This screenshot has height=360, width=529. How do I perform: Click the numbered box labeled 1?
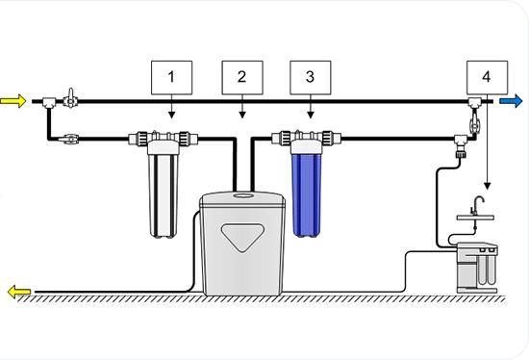pos(172,78)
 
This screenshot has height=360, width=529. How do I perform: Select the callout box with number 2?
pos(242,78)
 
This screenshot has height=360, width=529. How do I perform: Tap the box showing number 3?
pos(311,78)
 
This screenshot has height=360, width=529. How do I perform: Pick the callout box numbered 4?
pos(488,78)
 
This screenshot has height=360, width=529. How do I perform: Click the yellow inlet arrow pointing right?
pos(13,101)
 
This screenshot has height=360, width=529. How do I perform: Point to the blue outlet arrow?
pos(511,101)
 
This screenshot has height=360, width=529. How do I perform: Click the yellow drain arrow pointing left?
pos(19,292)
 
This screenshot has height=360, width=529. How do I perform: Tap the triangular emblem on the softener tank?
pos(241,237)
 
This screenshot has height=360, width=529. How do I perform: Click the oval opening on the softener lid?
pos(243,195)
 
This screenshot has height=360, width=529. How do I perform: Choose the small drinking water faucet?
pos(476,205)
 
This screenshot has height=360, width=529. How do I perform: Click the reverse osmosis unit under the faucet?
pos(477,268)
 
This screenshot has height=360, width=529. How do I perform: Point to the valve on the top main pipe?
pos(70,99)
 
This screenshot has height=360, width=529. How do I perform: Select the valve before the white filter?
pos(68,139)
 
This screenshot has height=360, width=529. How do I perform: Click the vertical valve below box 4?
pos(474,123)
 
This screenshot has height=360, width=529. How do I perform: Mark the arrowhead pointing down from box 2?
pos(242,116)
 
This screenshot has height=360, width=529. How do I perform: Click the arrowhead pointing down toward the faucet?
pos(488,186)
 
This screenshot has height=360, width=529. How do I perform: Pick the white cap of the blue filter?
pos(306,146)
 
